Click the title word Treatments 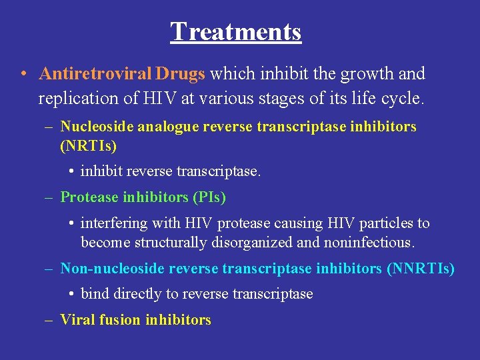pos(235,31)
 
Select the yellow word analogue pos(159,126)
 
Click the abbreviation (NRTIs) pos(88,145)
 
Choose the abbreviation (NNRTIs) pos(421,269)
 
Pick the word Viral pos(77,319)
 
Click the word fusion pos(119,319)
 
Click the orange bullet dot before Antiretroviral pos(23,74)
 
